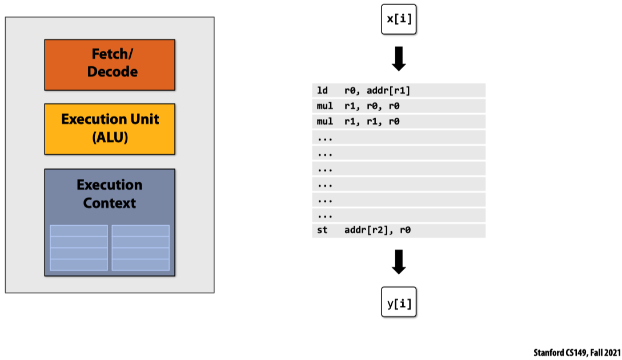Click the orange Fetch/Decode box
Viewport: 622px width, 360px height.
tap(110, 65)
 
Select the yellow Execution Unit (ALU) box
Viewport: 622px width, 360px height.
tap(110, 129)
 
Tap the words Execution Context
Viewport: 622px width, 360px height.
tap(110, 194)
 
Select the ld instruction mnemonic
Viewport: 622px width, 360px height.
tap(322, 91)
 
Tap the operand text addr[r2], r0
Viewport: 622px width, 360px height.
tap(378, 230)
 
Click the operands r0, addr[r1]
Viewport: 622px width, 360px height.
tap(377, 91)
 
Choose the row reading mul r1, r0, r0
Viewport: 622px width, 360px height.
tap(399, 106)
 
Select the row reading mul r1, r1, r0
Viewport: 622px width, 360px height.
tap(399, 122)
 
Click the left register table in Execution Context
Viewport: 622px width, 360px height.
tap(79, 247)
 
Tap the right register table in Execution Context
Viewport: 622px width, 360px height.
tap(141, 247)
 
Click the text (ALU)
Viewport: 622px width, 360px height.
tap(110, 138)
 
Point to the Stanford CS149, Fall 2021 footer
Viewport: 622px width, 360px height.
tap(576, 353)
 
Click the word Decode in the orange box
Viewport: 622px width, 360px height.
tap(113, 72)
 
